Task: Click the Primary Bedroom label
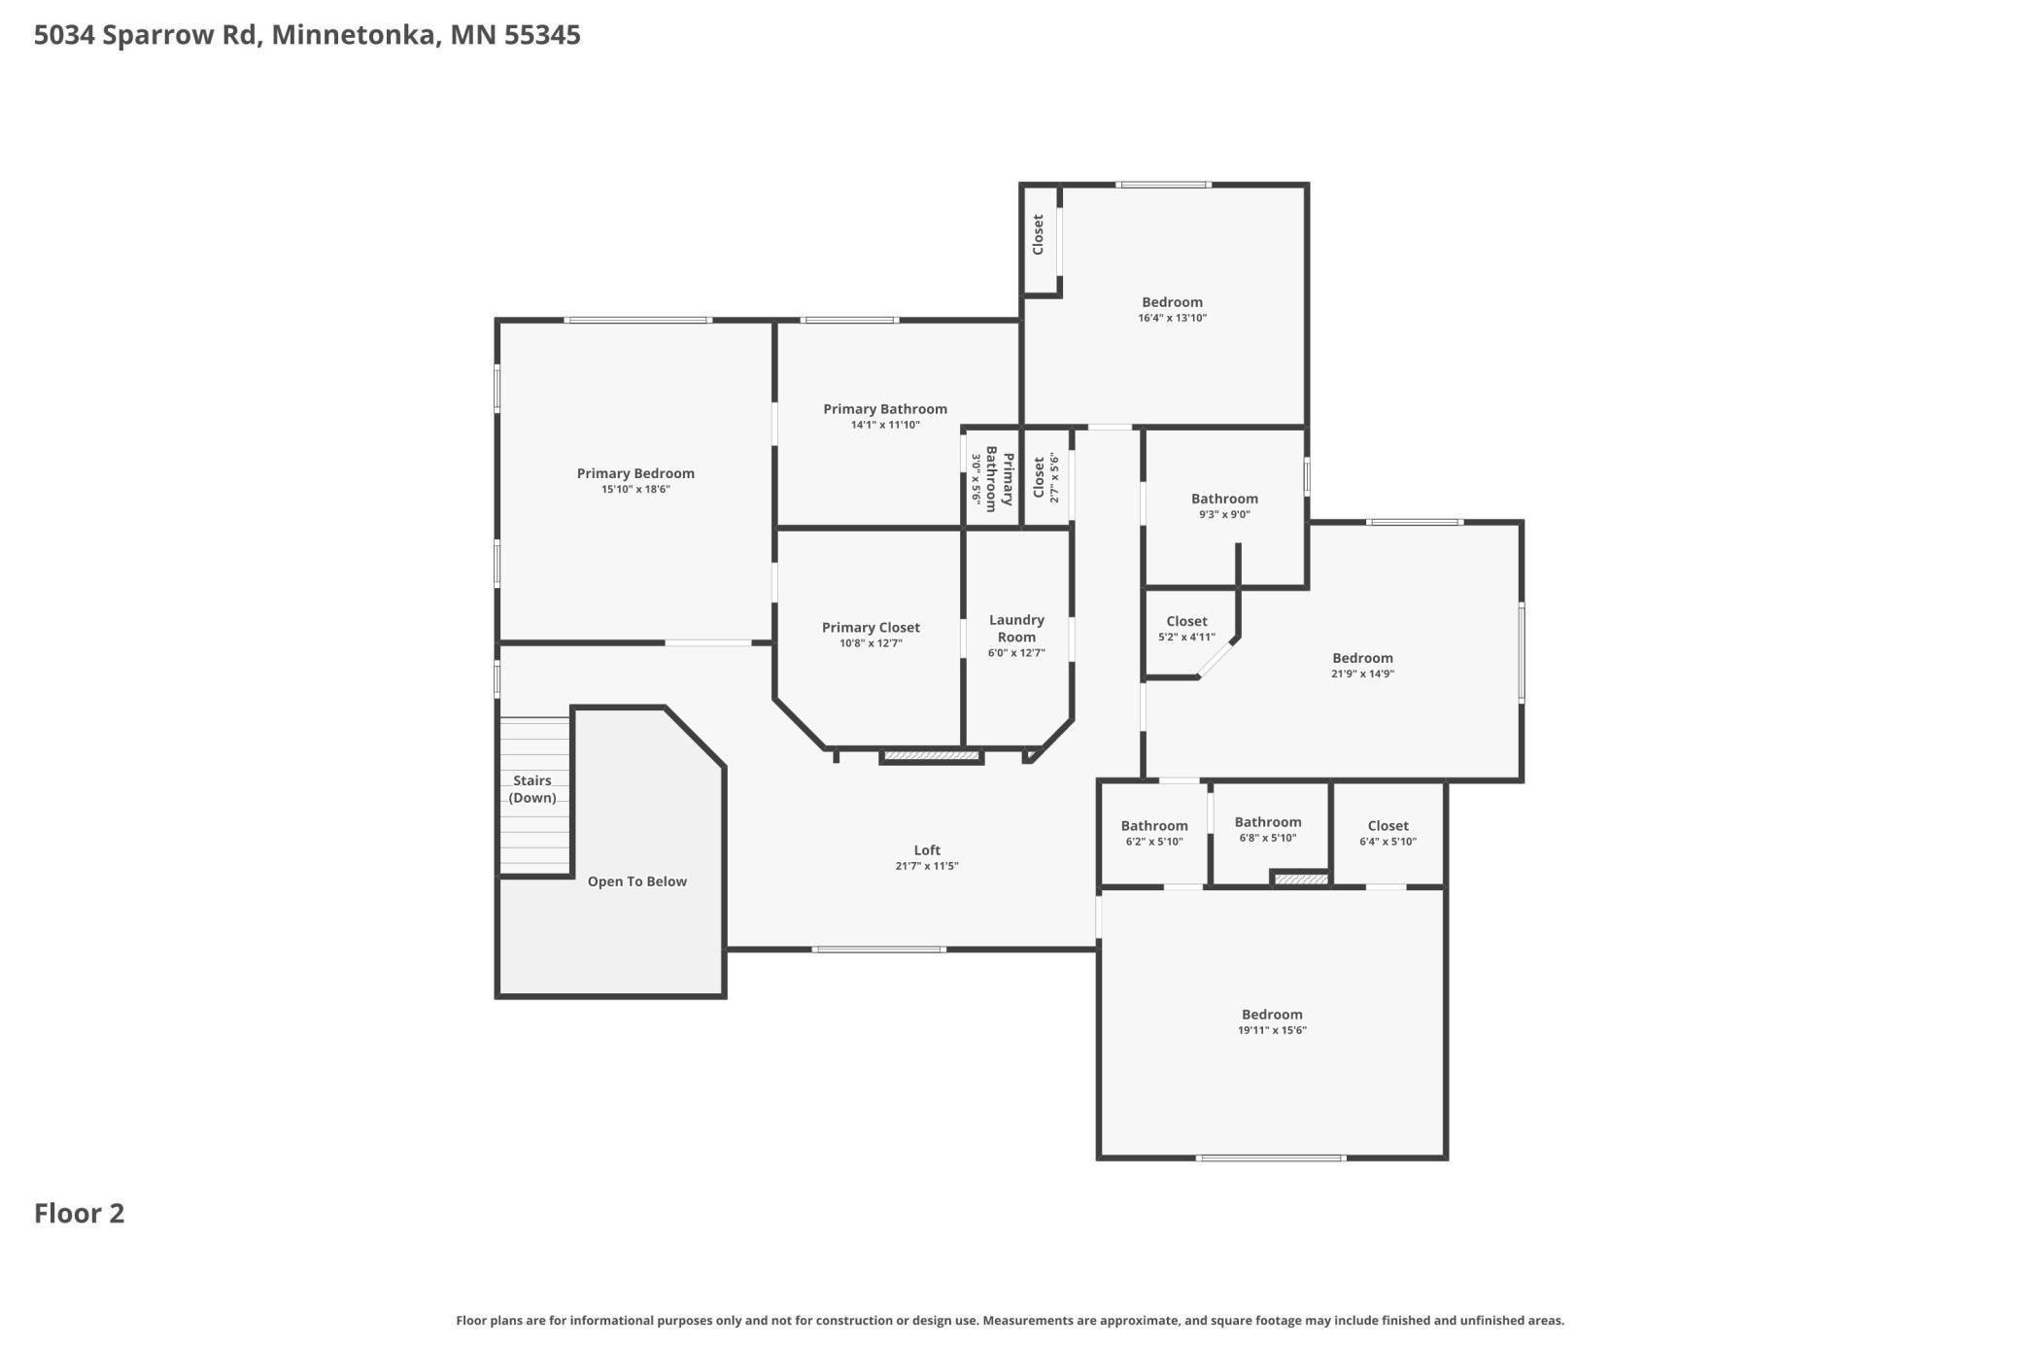tap(635, 473)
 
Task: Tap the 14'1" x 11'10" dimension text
tap(884, 425)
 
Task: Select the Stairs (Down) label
tap(532, 788)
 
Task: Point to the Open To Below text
tap(636, 881)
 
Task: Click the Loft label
tap(927, 849)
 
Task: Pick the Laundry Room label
tap(1016, 628)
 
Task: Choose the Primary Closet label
tap(871, 627)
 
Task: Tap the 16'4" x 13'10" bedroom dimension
tap(1172, 318)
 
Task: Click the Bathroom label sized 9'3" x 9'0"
tap(1224, 499)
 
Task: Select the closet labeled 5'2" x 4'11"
tap(1186, 621)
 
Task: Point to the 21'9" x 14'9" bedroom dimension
tap(1362, 673)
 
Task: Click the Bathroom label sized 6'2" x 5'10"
tap(1154, 825)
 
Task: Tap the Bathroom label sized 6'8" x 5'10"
tap(1267, 821)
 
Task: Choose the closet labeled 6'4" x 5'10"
tap(1387, 825)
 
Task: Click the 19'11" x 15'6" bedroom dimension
tap(1271, 1030)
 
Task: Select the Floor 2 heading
tap(80, 1213)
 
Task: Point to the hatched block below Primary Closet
tap(931, 755)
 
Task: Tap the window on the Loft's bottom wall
tap(878, 949)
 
